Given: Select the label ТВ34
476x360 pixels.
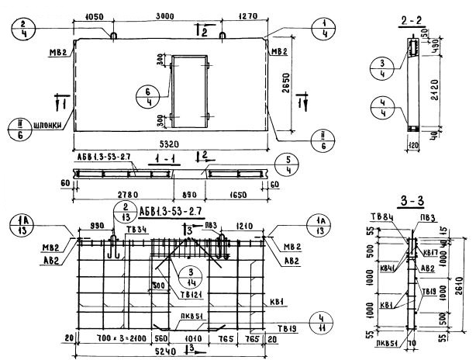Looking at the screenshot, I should pyautogui.click(x=138, y=230).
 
